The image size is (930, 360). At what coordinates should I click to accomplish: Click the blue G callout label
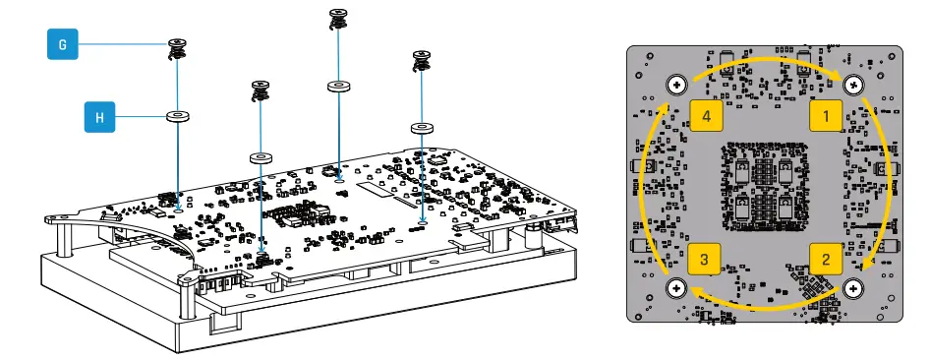(x=62, y=44)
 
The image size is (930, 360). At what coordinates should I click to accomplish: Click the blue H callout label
(x=99, y=117)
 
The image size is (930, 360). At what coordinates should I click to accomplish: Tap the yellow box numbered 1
(x=826, y=115)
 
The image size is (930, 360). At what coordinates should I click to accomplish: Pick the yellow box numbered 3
(x=704, y=259)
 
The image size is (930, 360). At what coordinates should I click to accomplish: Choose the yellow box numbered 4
(x=706, y=115)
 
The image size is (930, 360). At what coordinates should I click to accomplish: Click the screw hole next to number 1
(x=853, y=86)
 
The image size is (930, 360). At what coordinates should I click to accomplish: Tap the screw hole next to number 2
(x=853, y=288)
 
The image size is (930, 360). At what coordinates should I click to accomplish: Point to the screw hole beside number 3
(x=676, y=288)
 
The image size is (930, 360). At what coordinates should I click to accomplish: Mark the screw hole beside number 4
(x=676, y=86)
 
